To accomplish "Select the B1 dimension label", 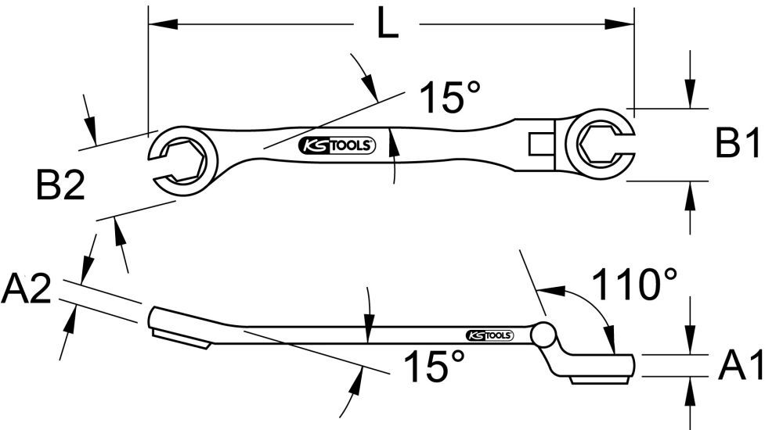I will click(738, 145).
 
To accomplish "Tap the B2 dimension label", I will click(60, 187).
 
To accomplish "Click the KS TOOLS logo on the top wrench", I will click(338, 145).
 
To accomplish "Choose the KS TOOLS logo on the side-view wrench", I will click(490, 335).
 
